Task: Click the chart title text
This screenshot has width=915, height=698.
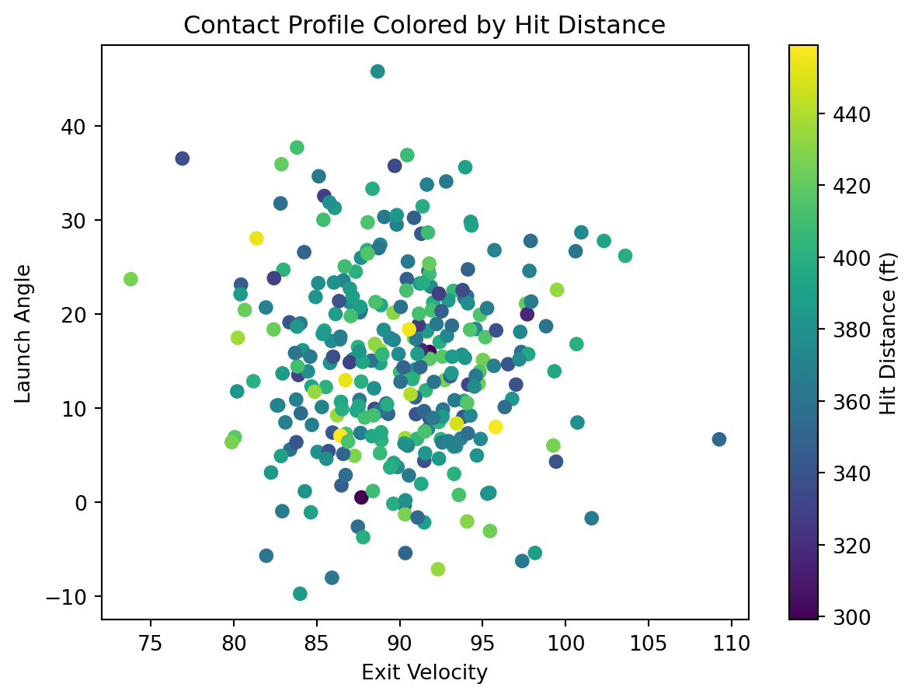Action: [x=424, y=26]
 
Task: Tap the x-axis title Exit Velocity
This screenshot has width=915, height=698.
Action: [x=424, y=672]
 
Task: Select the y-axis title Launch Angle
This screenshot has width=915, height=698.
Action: [x=24, y=333]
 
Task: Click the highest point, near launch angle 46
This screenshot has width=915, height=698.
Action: [x=377, y=72]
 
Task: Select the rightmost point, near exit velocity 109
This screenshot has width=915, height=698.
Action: [x=719, y=439]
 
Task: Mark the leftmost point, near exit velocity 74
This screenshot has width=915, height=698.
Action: [x=130, y=279]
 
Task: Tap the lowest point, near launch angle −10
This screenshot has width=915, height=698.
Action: [x=300, y=594]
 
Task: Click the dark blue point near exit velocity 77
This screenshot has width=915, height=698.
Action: [x=183, y=159]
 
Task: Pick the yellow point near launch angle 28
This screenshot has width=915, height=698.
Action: [x=256, y=238]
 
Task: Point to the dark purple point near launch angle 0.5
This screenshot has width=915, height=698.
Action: [x=361, y=497]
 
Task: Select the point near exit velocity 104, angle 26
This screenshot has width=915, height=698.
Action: [x=625, y=256]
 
